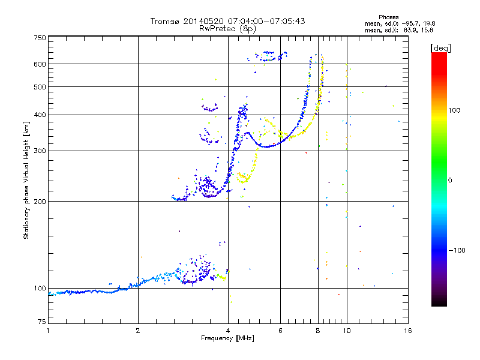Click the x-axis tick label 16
coord(407,331)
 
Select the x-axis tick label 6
coord(280,331)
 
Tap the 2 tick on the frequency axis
coord(138,331)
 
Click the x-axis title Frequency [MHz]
coord(227,338)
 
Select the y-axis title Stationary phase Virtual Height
coord(26,180)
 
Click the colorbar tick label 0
coord(449,180)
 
